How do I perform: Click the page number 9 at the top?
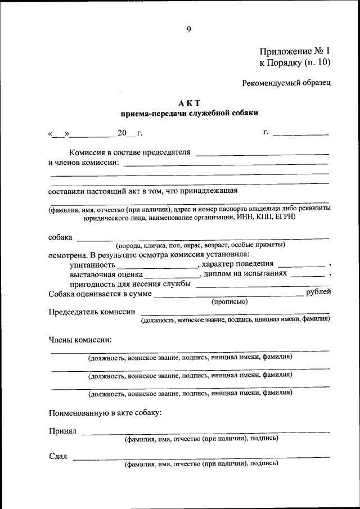(189, 30)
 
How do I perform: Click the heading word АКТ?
(189, 103)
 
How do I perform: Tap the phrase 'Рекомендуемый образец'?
(286, 83)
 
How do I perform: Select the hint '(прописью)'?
(229, 301)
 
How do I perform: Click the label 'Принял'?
(62, 431)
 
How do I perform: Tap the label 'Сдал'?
(58, 456)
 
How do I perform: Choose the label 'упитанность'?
(93, 264)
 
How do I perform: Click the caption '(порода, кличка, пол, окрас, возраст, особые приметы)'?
(201, 245)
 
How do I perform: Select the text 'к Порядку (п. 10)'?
(294, 62)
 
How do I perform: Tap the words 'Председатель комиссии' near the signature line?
(92, 312)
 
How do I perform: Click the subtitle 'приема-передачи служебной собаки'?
(189, 113)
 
